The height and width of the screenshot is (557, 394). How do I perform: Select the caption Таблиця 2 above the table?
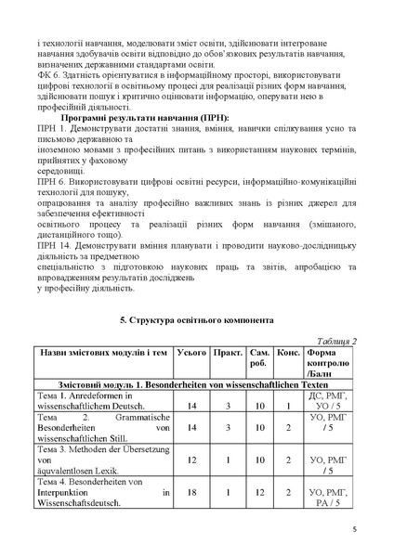336,341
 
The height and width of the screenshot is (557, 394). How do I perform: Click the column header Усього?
191,354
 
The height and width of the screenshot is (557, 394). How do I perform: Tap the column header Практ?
228,354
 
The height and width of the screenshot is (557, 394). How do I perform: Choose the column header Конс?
288,354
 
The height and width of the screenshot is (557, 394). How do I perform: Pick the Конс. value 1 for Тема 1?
288,407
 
